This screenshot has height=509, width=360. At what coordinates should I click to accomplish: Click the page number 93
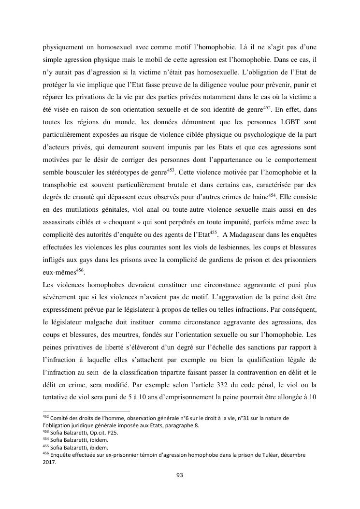(x=180, y=475)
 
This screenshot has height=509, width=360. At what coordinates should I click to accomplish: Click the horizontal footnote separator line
(x=86, y=411)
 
